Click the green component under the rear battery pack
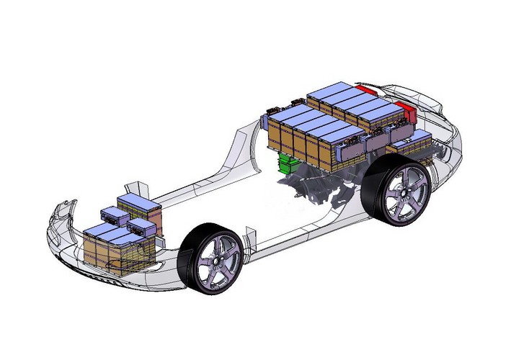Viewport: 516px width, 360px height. [289, 163]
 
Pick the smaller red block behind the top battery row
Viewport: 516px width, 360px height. [365, 89]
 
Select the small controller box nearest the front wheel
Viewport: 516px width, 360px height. [142, 228]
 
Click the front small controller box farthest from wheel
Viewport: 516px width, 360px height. [115, 215]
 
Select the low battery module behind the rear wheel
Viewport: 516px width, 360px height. [414, 147]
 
